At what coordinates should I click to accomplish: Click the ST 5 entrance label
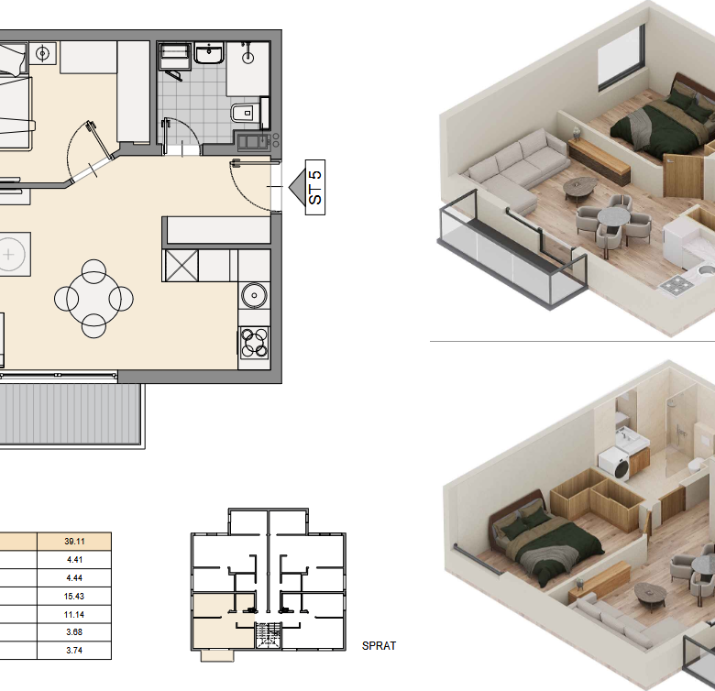click(x=315, y=187)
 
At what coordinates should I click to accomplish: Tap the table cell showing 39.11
click(x=74, y=542)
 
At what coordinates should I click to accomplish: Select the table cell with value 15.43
click(x=74, y=597)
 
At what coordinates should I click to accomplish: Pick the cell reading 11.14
click(x=74, y=614)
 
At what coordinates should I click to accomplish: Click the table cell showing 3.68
click(x=74, y=632)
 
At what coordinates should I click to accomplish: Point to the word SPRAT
click(x=379, y=646)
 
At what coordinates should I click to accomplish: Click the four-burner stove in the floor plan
click(x=254, y=343)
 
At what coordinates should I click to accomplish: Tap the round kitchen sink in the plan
click(x=254, y=295)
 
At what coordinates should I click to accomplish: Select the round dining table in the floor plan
click(x=93, y=299)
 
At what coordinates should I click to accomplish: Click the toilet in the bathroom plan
click(x=243, y=111)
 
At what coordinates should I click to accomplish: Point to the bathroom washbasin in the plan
click(x=209, y=53)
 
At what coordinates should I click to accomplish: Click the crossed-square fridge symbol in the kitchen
click(x=181, y=265)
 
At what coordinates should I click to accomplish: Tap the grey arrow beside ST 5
click(x=297, y=187)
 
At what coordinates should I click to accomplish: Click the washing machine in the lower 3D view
click(x=614, y=464)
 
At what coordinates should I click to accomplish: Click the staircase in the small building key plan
click(x=268, y=635)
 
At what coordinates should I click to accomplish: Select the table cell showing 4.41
click(x=74, y=560)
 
